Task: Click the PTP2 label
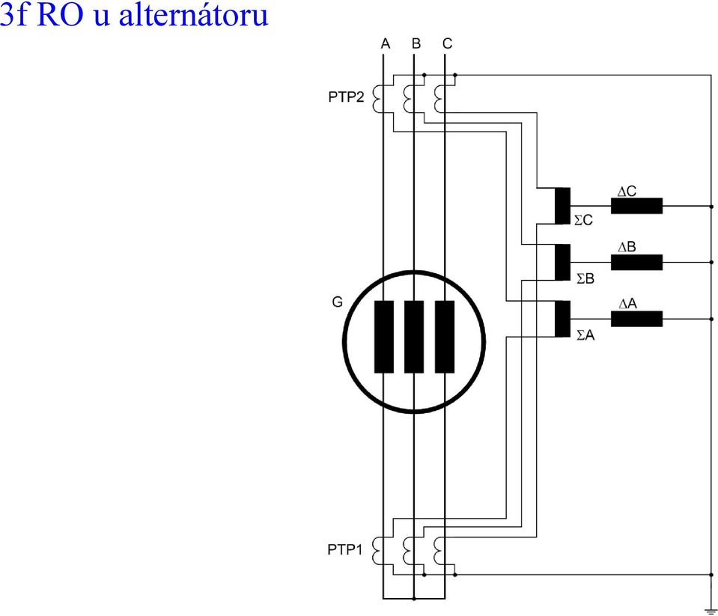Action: [x=346, y=97]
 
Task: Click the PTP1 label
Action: [x=345, y=549]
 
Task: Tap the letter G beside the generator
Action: [x=337, y=302]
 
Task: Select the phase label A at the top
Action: [x=386, y=43]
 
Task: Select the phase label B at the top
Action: [x=416, y=43]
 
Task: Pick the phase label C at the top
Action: [x=448, y=43]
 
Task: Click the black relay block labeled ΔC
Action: [x=636, y=206]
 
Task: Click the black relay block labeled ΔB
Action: [x=636, y=262]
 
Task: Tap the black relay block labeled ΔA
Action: [x=636, y=319]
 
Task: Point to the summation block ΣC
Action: [x=562, y=206]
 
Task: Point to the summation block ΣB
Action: [x=562, y=262]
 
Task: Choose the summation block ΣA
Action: [x=562, y=319]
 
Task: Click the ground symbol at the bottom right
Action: [x=711, y=612]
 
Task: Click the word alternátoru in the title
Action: [x=193, y=15]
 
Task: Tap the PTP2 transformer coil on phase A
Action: [x=377, y=99]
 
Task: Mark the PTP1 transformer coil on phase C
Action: [x=438, y=551]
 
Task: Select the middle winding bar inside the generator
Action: [x=414, y=337]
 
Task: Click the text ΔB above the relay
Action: [x=627, y=247]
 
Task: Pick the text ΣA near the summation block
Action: [x=585, y=335]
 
